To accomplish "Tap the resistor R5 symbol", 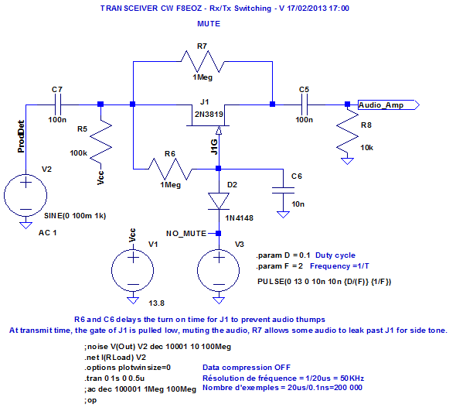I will point(100,142).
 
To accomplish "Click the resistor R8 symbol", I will point(347,136).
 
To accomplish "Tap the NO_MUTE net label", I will point(186,232).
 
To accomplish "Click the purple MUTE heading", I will point(208,24).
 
